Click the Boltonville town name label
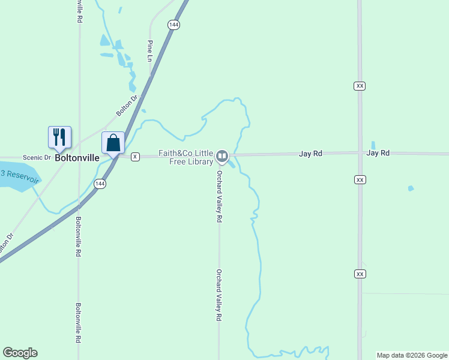pos(77,158)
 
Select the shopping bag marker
pos(113,143)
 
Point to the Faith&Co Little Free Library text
pos(186,157)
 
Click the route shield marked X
pos(135,157)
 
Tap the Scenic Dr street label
pos(37,157)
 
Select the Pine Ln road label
pos(150,50)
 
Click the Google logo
pos(20,353)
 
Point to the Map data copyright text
pos(412,355)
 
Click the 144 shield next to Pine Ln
pos(173,25)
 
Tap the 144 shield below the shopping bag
pos(100,184)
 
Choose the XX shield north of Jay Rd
pos(360,86)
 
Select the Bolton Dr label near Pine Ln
pos(127,105)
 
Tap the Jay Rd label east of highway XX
pos(378,153)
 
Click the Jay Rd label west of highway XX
pos(311,154)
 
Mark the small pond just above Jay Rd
pos(373,145)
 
